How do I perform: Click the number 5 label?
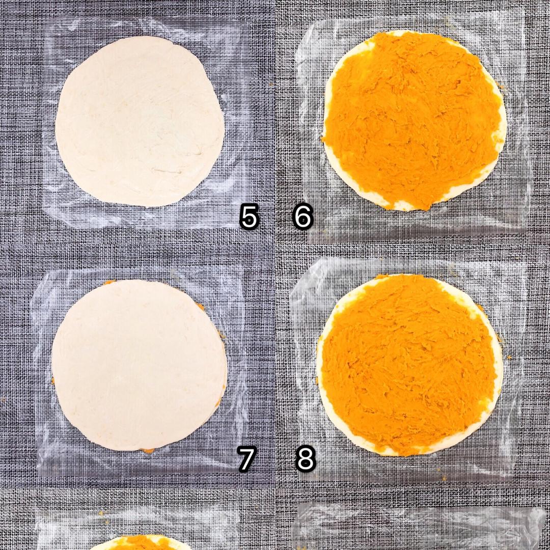point(249,217)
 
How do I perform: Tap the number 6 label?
point(302,217)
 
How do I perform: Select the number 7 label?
point(246,459)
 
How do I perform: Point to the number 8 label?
point(306,459)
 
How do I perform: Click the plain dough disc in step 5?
point(140,121)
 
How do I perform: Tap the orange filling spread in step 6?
point(412,119)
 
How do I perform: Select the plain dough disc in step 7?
point(139,365)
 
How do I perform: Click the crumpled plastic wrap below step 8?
point(418,526)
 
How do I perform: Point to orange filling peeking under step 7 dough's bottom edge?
point(147,450)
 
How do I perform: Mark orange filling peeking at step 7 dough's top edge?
point(109,282)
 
